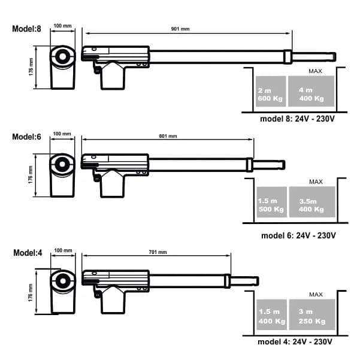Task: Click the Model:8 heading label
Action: point(26,29)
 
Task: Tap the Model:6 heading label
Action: point(26,137)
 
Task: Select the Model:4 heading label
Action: point(28,253)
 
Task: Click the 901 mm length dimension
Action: point(180,29)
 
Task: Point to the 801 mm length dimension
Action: point(168,136)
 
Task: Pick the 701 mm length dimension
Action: point(158,252)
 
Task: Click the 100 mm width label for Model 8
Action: point(62,26)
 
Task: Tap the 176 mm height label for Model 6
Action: point(31,175)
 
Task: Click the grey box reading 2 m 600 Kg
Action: point(271,92)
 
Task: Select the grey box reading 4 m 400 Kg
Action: point(311,91)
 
